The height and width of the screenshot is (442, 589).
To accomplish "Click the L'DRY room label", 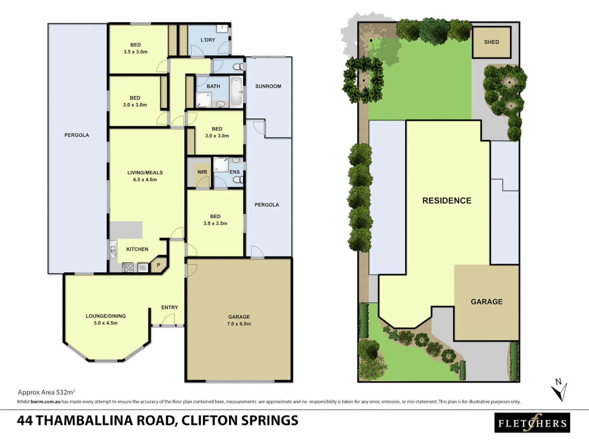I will tap(208, 40).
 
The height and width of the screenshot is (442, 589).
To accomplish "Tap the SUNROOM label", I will tap(268, 86).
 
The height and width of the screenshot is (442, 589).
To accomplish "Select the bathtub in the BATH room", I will tap(236, 91).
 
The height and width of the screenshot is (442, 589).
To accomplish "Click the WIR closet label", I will tap(202, 172).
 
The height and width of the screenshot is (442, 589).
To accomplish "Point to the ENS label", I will tap(234, 172).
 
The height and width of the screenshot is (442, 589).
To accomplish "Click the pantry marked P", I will tap(159, 265).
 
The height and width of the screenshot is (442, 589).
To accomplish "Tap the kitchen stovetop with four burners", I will tap(128, 268).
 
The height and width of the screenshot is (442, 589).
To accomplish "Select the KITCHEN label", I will tap(137, 249).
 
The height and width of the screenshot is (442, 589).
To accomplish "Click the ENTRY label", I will tap(169, 307).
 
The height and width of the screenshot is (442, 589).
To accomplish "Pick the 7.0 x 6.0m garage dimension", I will tap(239, 324).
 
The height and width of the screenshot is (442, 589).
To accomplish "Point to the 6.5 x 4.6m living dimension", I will tap(145, 180).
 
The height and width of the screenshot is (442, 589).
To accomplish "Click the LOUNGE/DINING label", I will tap(106, 316).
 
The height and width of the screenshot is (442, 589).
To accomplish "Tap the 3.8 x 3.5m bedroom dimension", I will tap(215, 223).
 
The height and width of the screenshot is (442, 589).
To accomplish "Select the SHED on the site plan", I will tap(492, 42).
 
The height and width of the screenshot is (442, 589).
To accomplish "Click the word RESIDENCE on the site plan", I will tap(447, 201).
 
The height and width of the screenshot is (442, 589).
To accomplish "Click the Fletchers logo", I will tap(532, 423).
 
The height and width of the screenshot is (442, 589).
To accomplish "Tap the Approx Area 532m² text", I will tap(46, 392).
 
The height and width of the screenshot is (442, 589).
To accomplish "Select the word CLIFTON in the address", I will tap(209, 421).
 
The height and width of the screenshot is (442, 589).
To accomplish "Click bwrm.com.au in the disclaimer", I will tap(45, 402).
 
